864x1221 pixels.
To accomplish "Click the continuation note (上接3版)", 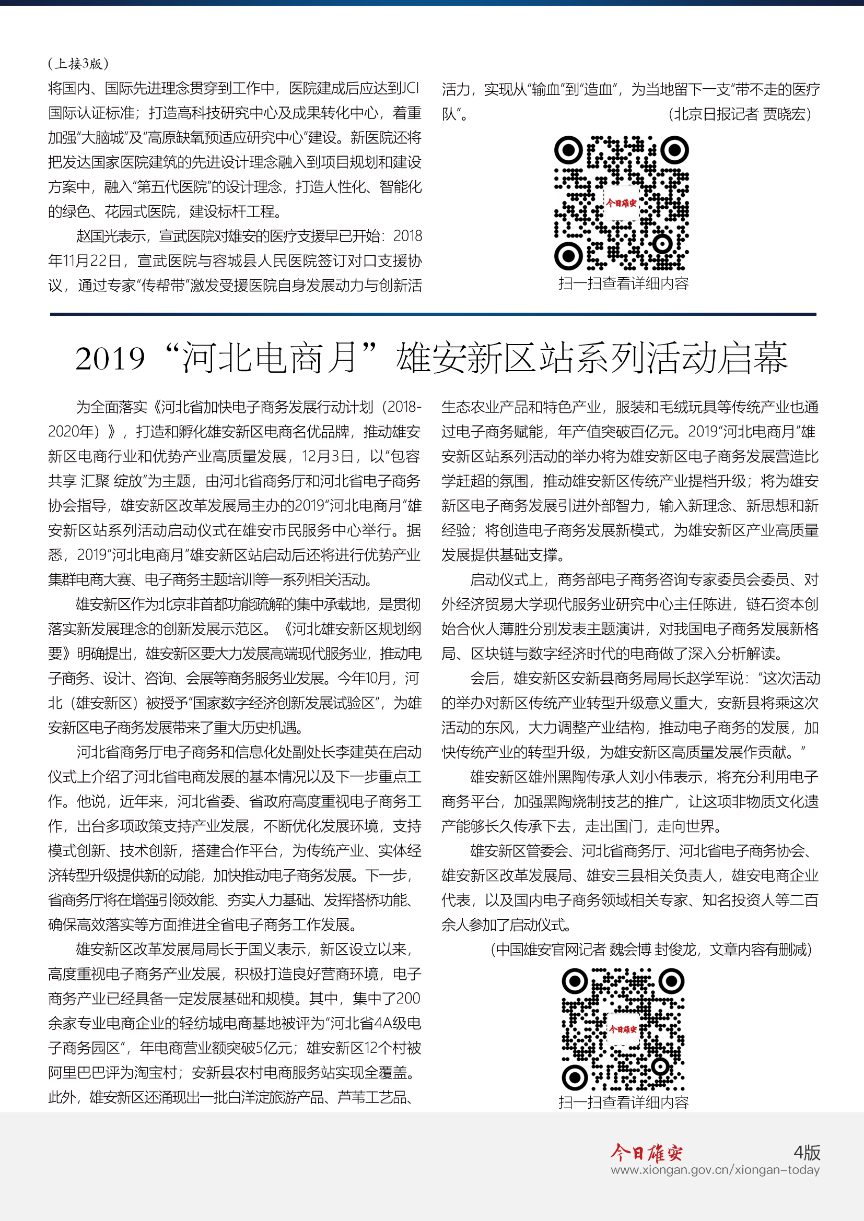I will coord(78,64).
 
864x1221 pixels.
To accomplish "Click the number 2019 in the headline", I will coord(110,359).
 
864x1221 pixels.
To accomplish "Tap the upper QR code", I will coord(622,203).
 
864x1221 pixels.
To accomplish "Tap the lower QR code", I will coord(623,1028).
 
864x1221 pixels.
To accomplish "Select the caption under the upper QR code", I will coord(623,283).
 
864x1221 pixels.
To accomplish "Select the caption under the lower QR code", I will coord(623,1102).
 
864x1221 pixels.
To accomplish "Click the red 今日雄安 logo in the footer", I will coord(646,1153).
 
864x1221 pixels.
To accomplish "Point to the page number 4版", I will coord(807,1153).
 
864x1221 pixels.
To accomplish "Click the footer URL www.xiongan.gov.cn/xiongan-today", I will coord(715,1170).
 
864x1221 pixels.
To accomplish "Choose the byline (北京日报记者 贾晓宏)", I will coord(740,114).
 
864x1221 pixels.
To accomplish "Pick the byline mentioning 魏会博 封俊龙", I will coord(651,949).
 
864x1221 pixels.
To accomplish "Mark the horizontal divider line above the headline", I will coord(433,314).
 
